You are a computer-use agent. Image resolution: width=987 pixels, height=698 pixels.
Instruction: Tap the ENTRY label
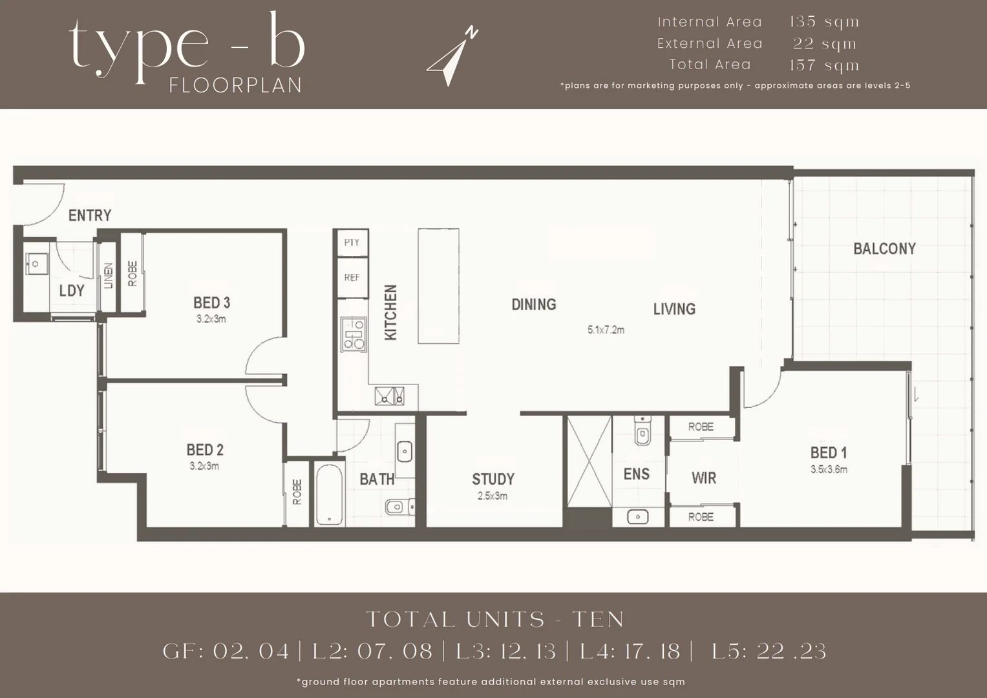[90, 215]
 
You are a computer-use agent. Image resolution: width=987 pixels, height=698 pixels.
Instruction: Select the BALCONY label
[884, 249]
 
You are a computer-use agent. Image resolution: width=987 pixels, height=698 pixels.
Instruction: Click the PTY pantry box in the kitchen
[352, 243]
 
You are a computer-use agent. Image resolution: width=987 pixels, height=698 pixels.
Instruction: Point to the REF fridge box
[352, 278]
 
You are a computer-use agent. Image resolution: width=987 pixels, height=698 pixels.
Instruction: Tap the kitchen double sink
[389, 396]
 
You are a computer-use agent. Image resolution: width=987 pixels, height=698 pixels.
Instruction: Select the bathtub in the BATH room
[329, 494]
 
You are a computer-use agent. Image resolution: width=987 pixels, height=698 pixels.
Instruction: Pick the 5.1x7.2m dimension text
[606, 330]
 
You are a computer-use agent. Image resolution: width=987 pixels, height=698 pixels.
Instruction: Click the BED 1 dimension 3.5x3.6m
[829, 470]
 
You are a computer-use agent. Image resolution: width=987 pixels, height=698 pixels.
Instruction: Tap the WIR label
[703, 478]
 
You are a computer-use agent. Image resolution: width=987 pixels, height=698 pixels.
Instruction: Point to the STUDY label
[493, 479]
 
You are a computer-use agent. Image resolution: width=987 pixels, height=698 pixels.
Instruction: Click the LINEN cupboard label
[109, 276]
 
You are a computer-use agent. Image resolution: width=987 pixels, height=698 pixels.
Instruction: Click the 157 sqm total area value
[824, 65]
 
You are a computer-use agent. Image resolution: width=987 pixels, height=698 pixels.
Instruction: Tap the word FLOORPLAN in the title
[235, 86]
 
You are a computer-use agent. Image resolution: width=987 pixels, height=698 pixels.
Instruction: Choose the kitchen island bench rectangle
[438, 286]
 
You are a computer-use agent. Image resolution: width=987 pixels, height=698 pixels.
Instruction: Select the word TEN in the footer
[599, 620]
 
